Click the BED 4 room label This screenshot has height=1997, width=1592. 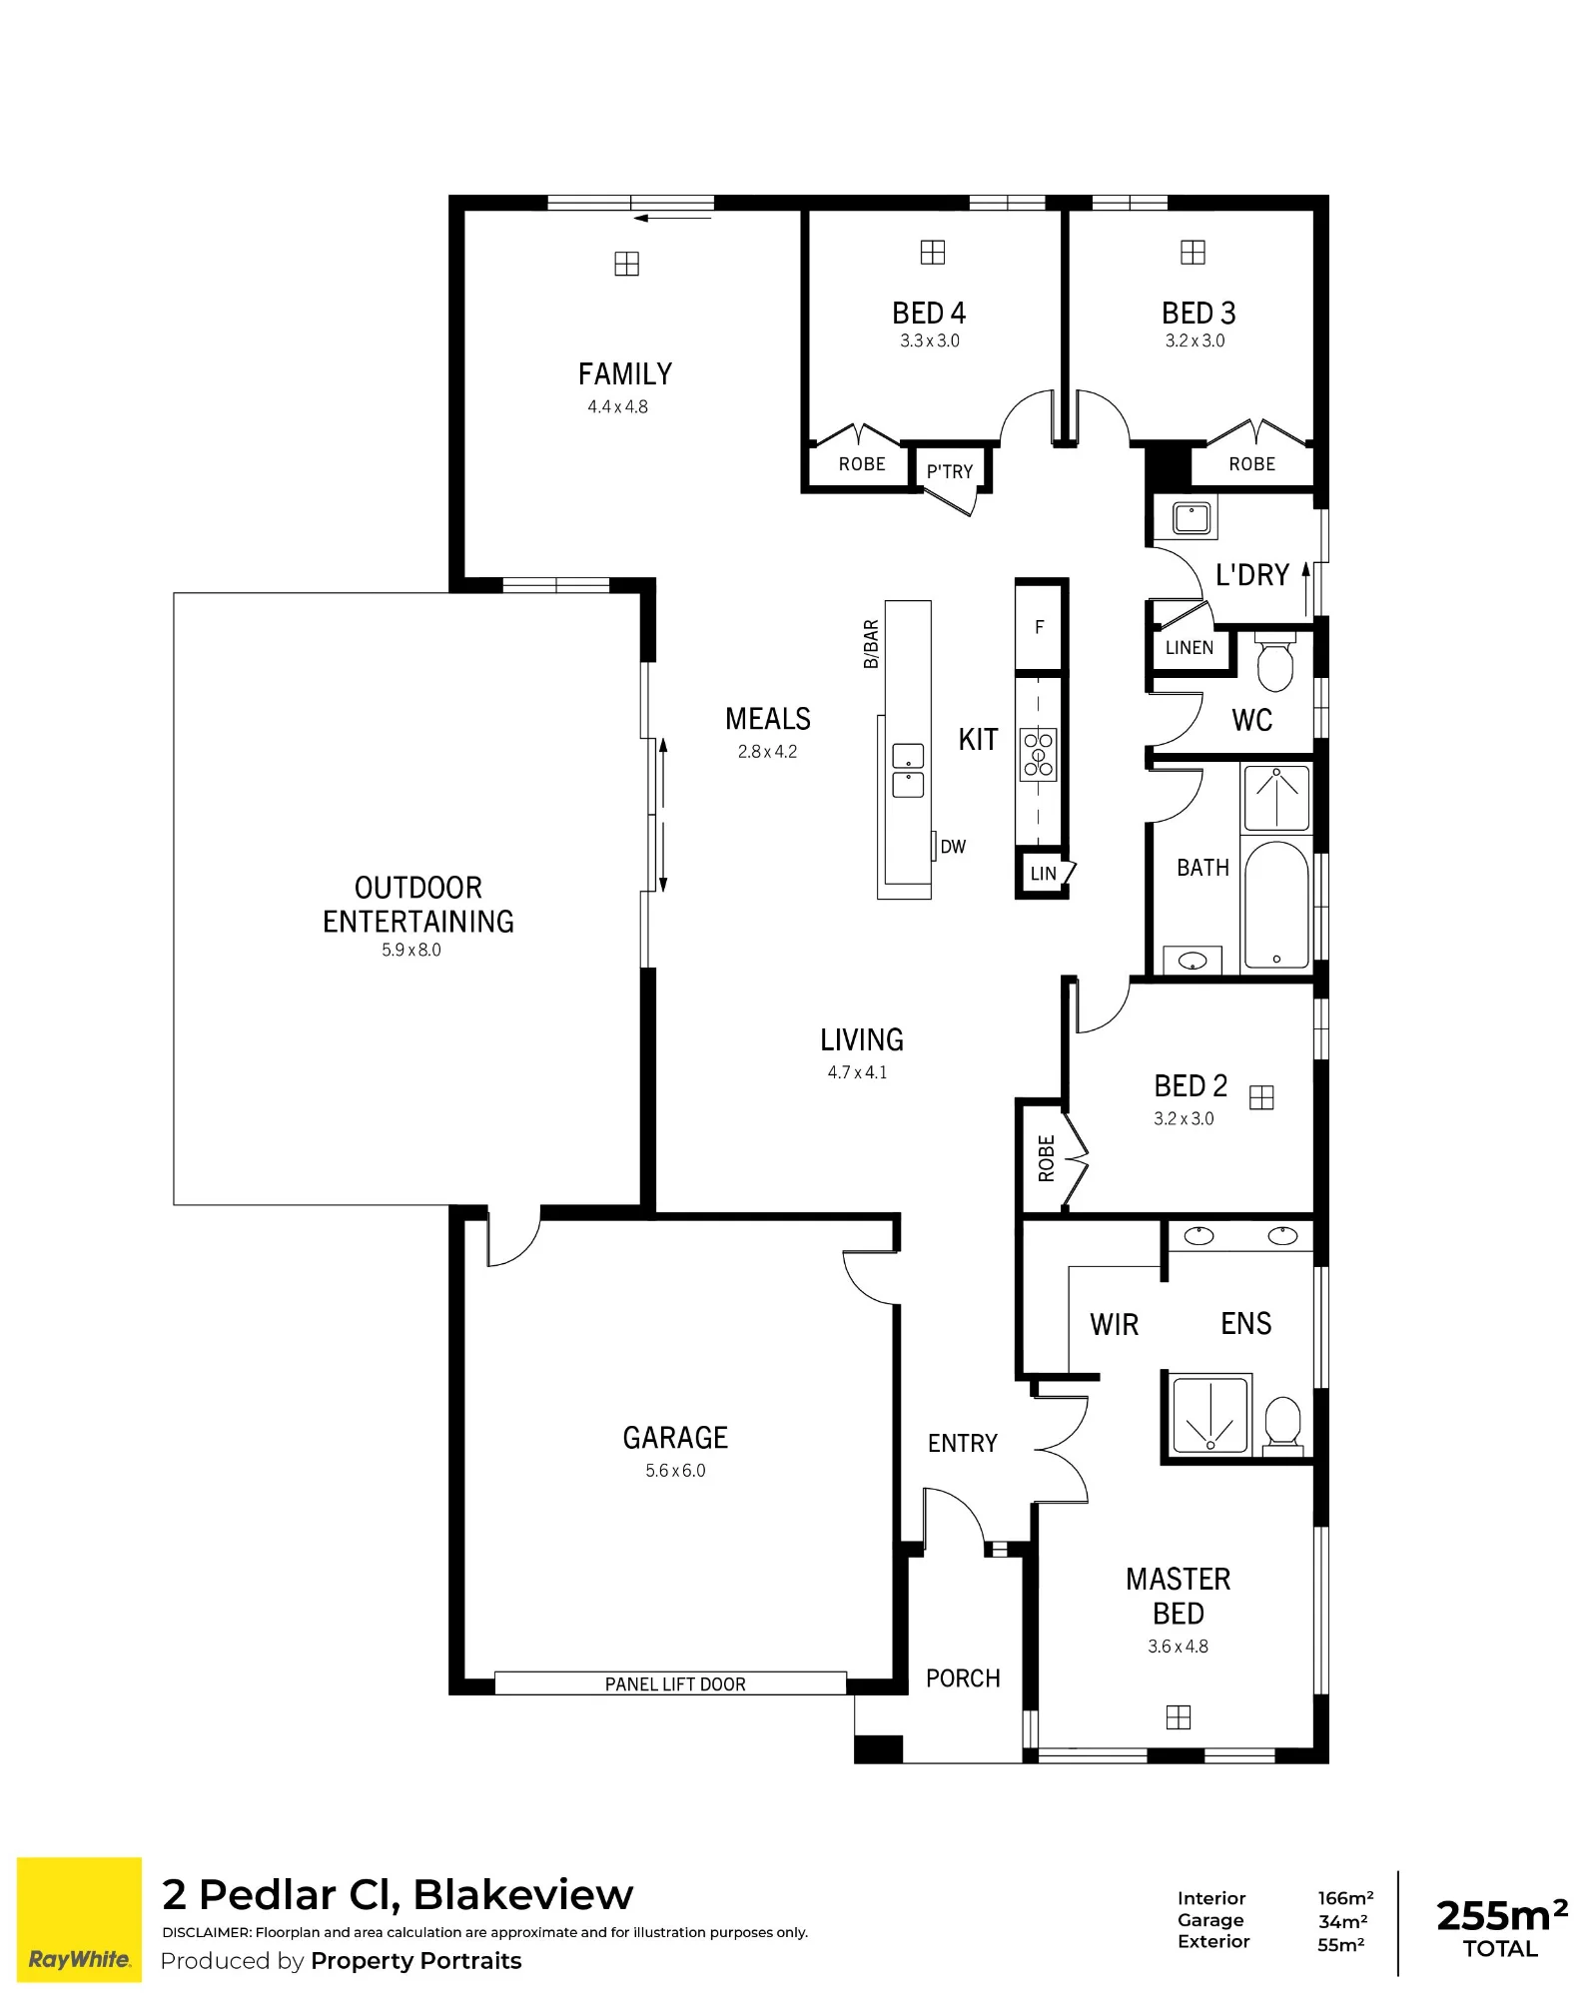(x=929, y=313)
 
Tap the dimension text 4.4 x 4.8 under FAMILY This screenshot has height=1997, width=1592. (x=617, y=406)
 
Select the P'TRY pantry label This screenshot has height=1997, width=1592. (x=949, y=471)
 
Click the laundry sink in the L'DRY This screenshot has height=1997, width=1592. (x=1192, y=518)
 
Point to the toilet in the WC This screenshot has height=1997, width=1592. (x=1274, y=660)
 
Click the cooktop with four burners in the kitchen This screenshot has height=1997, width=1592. (x=1038, y=754)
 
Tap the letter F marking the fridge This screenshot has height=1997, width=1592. (x=1039, y=627)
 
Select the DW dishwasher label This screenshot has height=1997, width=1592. (x=953, y=847)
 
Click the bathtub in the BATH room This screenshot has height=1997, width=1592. (x=1276, y=905)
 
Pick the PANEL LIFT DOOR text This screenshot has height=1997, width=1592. (x=675, y=1684)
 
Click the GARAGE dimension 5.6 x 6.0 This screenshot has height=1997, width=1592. (x=675, y=1470)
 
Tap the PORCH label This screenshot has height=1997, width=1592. (x=963, y=1678)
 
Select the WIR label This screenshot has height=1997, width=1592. (x=1114, y=1325)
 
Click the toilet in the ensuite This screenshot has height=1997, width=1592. (x=1282, y=1421)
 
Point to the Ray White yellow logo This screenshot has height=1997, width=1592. (x=80, y=1919)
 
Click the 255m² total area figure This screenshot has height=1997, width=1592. (x=1501, y=1915)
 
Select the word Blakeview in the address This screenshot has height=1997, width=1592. (x=523, y=1894)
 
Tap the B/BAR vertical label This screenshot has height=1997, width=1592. (x=871, y=644)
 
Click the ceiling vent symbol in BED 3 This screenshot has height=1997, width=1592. (x=1193, y=253)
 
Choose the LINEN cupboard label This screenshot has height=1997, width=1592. (x=1190, y=648)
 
